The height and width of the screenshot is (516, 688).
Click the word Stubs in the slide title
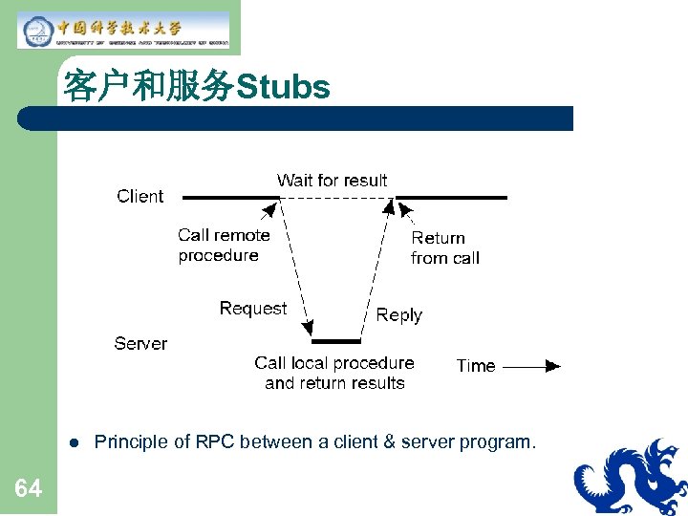[283, 88]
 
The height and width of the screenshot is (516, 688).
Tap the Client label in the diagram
[140, 196]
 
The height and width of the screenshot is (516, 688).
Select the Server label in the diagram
[140, 343]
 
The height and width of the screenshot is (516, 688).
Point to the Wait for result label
[332, 180]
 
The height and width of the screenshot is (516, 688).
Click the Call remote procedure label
[224, 245]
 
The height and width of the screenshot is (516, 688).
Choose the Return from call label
[444, 247]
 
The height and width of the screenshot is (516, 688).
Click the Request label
[252, 308]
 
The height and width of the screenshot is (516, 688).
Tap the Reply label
[398, 314]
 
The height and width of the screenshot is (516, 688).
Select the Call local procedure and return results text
[334, 373]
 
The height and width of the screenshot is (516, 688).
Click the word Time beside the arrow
[476, 365]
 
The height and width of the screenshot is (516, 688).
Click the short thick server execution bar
[336, 341]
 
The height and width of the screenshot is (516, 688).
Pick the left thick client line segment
[230, 198]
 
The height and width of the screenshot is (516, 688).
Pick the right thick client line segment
[451, 198]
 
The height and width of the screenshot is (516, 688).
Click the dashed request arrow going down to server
[295, 268]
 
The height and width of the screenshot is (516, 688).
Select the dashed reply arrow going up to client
[376, 268]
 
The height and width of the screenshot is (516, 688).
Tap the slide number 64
[29, 489]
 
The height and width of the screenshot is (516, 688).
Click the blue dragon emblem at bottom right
[631, 478]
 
